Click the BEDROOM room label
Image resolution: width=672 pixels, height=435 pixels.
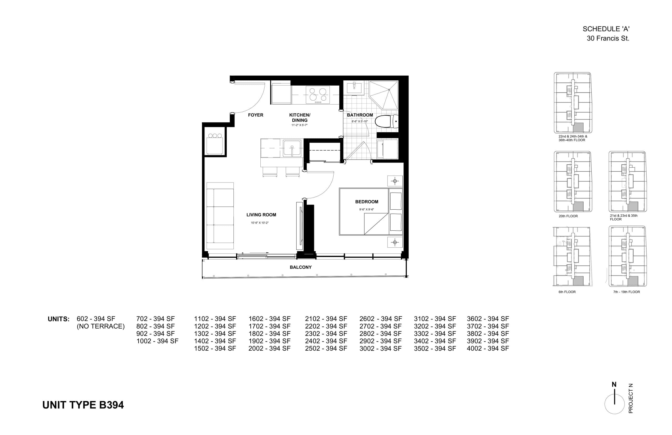366,202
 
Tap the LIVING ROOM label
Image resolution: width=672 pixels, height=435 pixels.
261,215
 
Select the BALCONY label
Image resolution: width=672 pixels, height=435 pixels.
301,267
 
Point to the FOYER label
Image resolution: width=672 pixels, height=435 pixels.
255,115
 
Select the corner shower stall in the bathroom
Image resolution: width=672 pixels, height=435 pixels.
384,95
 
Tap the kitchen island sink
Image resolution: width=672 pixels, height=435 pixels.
292,148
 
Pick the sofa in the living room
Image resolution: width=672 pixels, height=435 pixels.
220,215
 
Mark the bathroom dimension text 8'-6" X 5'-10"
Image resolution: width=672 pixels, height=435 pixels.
360,121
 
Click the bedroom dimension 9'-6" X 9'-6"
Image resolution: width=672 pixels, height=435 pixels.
366,210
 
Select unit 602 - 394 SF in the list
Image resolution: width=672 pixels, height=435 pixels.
96,319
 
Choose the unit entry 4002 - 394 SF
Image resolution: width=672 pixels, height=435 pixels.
488,349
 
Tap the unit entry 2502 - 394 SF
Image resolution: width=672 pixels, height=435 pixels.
326,349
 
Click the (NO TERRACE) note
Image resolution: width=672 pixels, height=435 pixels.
101,326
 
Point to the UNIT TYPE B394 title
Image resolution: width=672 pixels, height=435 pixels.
83,405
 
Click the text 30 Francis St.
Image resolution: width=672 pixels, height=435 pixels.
608,38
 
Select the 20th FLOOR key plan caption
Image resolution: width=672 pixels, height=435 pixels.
568,216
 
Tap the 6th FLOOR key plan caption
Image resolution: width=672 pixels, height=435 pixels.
567,292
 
